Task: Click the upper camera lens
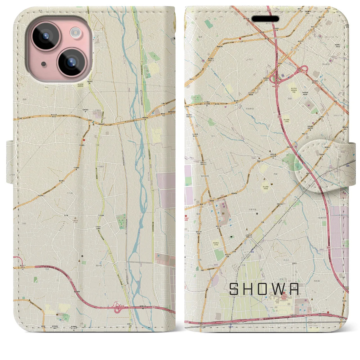tap(45, 36)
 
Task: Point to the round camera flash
tap(75, 32)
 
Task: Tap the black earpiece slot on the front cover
tap(265, 19)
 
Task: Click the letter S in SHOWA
tap(234, 289)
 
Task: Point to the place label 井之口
tap(286, 260)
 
